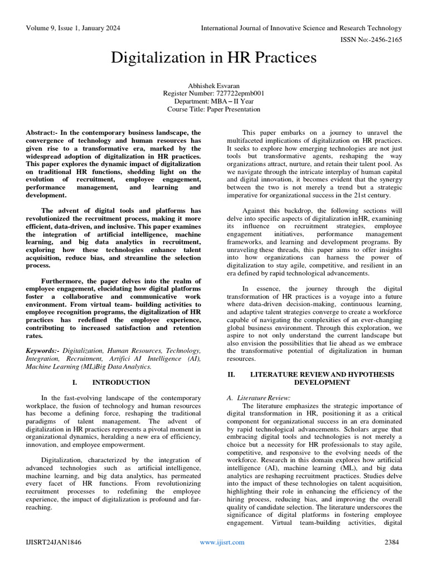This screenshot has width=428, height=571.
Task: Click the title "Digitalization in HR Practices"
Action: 214,57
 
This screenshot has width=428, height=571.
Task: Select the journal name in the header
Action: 301,27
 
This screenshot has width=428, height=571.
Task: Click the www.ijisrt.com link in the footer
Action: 222,542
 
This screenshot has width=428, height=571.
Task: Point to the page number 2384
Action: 393,542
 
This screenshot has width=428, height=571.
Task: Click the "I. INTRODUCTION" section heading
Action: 111,383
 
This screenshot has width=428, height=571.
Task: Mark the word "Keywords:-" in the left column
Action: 43,350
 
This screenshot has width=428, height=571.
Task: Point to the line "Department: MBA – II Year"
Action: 213,101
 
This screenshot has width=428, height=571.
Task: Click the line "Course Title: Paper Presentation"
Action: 213,109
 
